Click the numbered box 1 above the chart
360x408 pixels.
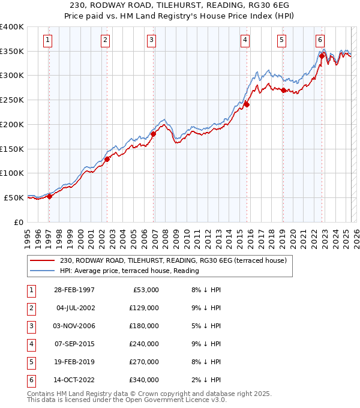[47, 40]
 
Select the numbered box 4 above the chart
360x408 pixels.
[245, 40]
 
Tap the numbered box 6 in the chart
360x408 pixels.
[320, 40]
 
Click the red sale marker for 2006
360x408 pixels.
[153, 134]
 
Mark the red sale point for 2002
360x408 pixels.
[107, 159]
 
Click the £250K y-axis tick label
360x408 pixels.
[13, 100]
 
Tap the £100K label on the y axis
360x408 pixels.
[13, 173]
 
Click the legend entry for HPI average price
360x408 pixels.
[129, 271]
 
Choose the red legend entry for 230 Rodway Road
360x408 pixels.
[173, 260]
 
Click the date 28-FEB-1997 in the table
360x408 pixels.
[74, 290]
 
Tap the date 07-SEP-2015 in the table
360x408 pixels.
[74, 344]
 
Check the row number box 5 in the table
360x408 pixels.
[30, 362]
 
